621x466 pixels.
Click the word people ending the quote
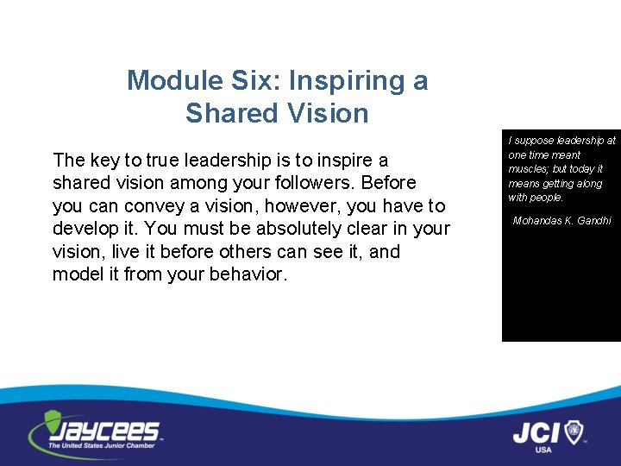(545, 198)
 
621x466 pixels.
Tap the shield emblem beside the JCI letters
(574, 431)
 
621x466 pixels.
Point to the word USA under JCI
(543, 450)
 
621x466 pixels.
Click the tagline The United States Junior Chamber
(102, 446)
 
